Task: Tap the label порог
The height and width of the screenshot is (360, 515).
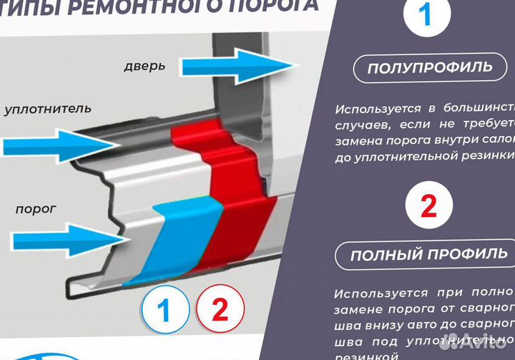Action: click(x=36, y=210)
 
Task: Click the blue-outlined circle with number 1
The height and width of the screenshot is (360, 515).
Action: click(x=164, y=310)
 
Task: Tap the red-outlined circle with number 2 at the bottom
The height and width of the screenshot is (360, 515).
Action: click(x=218, y=310)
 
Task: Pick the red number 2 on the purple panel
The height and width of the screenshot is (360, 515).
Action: click(x=428, y=205)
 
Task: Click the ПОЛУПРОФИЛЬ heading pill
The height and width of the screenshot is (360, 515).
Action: click(x=429, y=68)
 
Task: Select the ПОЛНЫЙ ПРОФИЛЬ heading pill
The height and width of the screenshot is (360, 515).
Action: click(x=430, y=254)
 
